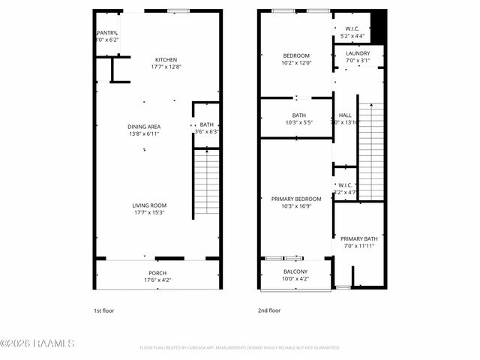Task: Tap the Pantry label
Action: tap(106, 33)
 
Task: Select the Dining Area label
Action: tap(144, 127)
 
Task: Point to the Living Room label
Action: tap(149, 205)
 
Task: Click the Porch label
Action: tap(157, 273)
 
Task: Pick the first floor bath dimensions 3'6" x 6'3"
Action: tap(205, 131)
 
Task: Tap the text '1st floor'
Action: tap(103, 310)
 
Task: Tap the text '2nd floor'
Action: tap(268, 310)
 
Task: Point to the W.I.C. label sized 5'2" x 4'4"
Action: tap(352, 31)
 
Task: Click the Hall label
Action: tap(345, 115)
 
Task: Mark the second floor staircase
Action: tap(371, 150)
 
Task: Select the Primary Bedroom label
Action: tap(295, 199)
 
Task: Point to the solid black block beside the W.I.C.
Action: tap(378, 28)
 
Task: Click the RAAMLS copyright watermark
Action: tap(37, 343)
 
